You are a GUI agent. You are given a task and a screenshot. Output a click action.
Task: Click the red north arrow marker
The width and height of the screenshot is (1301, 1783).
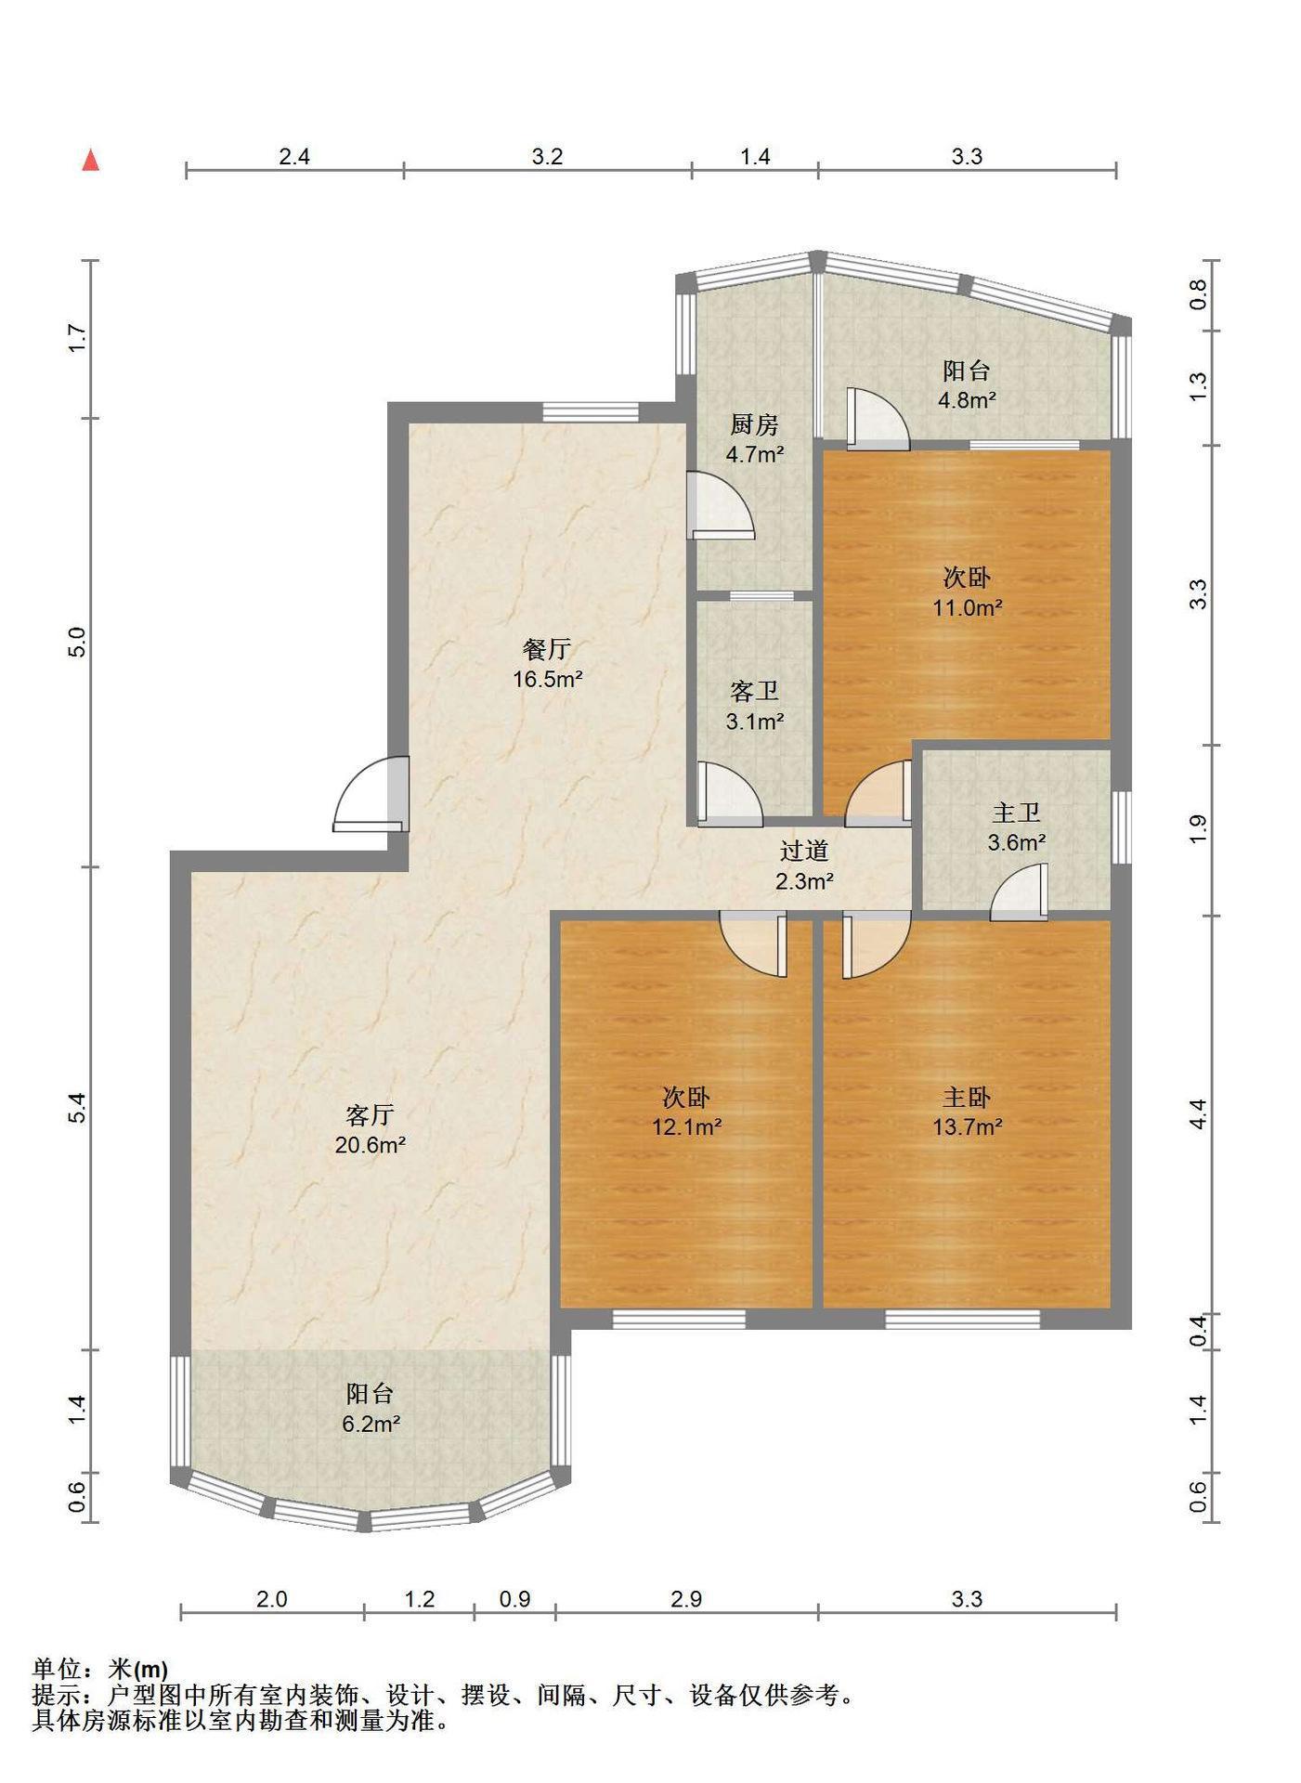tap(90, 161)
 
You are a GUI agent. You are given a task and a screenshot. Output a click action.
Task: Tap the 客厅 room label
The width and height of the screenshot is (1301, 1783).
tap(370, 1114)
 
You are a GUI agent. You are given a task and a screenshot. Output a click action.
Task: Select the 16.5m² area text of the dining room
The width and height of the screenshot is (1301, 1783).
tap(548, 679)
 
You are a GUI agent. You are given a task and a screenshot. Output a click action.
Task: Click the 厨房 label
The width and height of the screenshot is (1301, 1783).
tap(754, 425)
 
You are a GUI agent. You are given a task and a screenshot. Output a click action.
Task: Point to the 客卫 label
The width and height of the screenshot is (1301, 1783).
tap(754, 691)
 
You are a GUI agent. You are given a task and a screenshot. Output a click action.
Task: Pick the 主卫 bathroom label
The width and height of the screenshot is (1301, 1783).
tap(1016, 813)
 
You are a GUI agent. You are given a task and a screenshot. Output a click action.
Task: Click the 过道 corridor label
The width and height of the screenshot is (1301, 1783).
tap(803, 851)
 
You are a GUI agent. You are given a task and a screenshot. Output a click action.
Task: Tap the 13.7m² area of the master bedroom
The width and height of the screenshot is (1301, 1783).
tap(968, 1127)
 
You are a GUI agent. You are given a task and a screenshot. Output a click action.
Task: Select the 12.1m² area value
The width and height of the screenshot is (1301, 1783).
tap(687, 1127)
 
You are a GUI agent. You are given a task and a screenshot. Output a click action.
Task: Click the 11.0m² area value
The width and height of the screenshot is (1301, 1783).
tap(968, 608)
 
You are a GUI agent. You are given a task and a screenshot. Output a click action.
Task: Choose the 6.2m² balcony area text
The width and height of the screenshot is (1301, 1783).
tap(371, 1424)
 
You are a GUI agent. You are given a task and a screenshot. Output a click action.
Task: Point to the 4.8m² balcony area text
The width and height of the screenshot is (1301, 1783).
tap(967, 400)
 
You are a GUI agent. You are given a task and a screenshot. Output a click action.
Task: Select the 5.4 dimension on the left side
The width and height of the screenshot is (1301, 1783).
tap(78, 1108)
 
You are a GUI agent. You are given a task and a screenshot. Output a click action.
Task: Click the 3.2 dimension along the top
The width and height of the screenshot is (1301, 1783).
tap(547, 157)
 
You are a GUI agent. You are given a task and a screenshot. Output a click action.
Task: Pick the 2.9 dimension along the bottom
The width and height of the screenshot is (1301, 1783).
tap(686, 1599)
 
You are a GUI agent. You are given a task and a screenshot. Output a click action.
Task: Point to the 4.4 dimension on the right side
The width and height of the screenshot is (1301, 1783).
tap(1199, 1113)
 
